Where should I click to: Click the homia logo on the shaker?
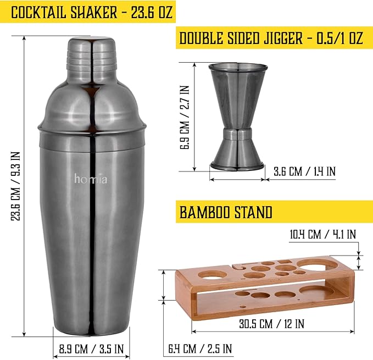click(x=91, y=179)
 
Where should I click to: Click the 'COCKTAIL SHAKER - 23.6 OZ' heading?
click(x=92, y=12)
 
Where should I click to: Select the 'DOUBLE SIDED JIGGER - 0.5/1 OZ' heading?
click(x=271, y=37)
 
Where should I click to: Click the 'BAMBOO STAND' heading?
click(x=226, y=212)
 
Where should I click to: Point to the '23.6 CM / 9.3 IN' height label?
click(x=16, y=186)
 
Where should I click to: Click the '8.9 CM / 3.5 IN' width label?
click(x=91, y=349)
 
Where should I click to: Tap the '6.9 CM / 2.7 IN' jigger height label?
click(x=185, y=117)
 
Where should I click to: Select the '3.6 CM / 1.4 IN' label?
click(x=305, y=171)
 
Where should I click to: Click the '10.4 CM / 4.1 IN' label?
click(x=323, y=234)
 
